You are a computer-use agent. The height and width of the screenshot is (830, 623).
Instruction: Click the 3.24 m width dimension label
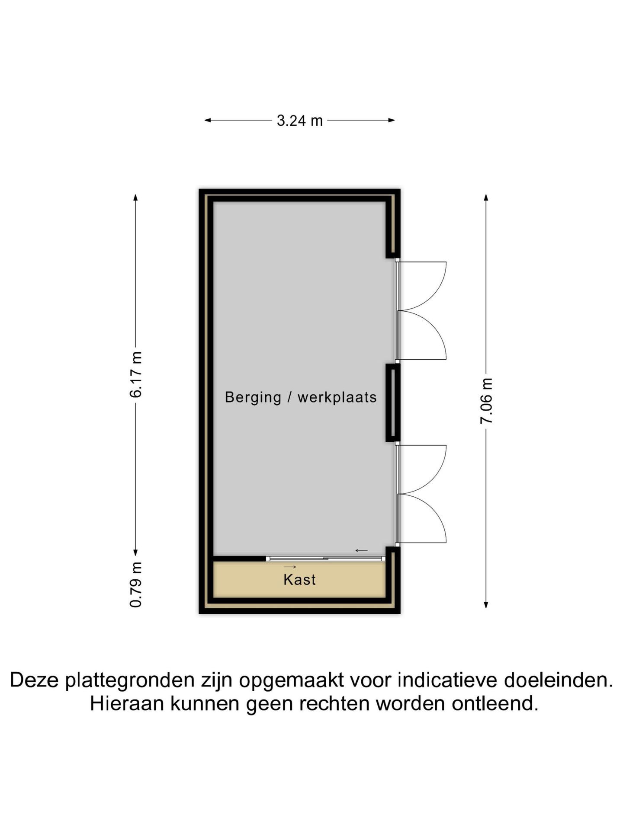(x=300, y=121)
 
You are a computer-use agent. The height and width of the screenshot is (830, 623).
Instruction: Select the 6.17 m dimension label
(x=136, y=374)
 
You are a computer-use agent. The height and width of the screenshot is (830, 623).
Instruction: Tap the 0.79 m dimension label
(x=136, y=584)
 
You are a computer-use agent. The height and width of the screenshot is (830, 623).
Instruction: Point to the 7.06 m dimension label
(x=486, y=401)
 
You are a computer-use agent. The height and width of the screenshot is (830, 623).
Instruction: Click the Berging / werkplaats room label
(x=301, y=397)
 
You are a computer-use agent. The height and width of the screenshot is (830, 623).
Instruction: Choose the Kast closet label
(x=299, y=580)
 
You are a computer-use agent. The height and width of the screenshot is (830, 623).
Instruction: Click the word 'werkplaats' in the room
(x=337, y=397)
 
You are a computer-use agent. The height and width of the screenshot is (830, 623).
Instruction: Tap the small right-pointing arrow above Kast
(x=290, y=567)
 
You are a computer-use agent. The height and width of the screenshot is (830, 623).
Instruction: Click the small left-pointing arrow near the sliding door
(x=361, y=550)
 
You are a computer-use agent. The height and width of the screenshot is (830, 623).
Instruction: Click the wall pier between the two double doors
(x=393, y=403)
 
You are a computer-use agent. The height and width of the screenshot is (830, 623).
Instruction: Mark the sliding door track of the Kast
(x=325, y=559)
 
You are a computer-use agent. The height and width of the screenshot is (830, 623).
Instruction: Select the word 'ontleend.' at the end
(x=495, y=704)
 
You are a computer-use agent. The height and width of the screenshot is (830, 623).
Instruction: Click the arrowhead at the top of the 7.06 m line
(x=486, y=197)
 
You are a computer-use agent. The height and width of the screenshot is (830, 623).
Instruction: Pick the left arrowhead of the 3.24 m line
(x=208, y=120)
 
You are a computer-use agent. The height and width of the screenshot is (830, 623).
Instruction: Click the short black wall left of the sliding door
(x=240, y=559)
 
